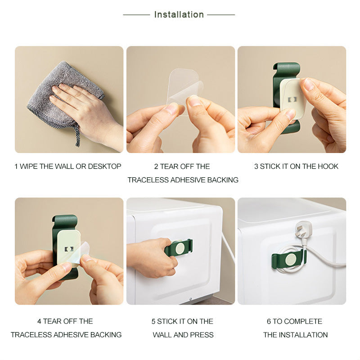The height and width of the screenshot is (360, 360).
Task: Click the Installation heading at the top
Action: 179,14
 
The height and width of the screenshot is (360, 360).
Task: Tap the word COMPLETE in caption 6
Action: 303,321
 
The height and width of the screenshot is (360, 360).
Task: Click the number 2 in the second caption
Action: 156,166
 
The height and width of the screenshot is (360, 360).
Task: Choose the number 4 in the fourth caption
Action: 40,321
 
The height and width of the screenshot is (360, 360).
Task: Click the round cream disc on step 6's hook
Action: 291,259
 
